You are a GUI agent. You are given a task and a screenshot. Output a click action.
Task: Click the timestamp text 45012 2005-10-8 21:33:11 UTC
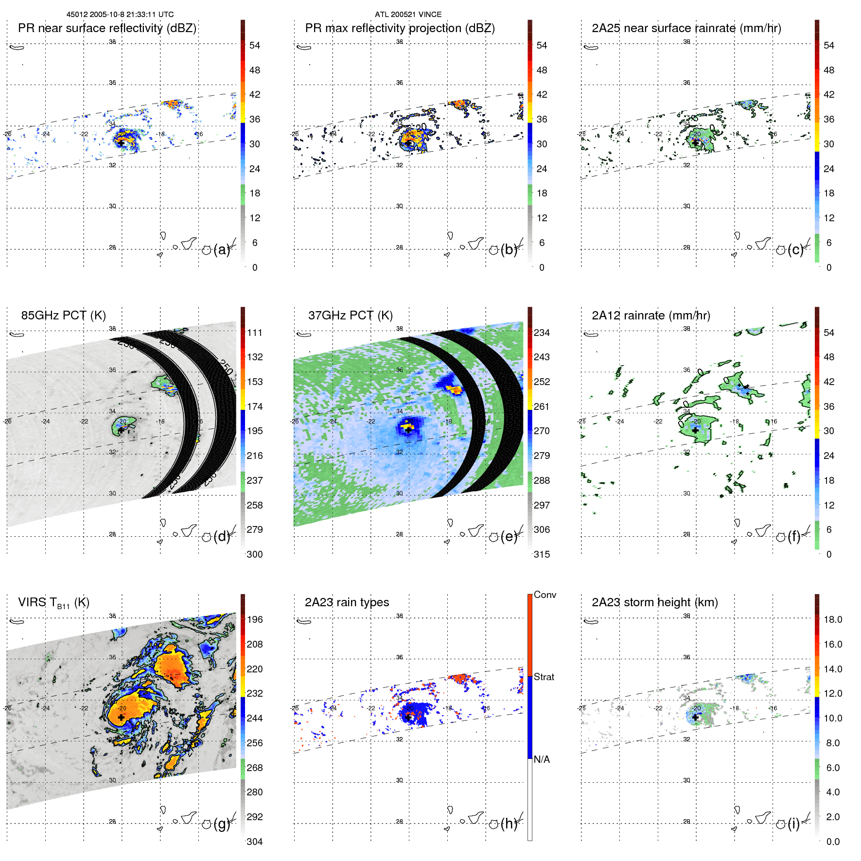[x=120, y=15]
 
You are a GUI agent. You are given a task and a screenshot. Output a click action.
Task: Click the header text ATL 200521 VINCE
[x=408, y=15]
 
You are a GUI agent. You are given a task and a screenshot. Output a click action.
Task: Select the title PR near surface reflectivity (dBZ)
[x=107, y=28]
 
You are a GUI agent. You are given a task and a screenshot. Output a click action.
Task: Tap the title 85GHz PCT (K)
[x=63, y=316]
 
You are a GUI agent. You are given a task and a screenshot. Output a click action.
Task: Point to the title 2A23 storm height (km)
[x=654, y=602]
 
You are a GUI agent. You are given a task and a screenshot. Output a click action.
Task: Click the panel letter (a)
[x=221, y=250]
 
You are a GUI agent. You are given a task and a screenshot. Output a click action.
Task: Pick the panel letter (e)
[x=509, y=537]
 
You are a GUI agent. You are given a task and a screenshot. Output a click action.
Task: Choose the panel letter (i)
[x=793, y=824]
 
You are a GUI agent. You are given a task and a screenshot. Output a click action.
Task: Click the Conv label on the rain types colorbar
[x=545, y=595]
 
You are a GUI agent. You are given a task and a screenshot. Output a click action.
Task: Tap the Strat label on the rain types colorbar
[x=544, y=677]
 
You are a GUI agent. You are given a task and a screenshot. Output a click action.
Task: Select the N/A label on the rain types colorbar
[x=542, y=759]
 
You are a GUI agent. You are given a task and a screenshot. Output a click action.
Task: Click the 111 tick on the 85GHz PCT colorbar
[x=255, y=333]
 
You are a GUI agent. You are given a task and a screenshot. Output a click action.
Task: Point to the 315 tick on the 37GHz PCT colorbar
[x=542, y=554]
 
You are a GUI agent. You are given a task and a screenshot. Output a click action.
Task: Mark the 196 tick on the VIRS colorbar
[x=255, y=620]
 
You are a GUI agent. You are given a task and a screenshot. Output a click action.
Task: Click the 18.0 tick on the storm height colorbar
[x=833, y=620]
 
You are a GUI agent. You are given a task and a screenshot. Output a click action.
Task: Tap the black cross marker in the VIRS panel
[x=121, y=717]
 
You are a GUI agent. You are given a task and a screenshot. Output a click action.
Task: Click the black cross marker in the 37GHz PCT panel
[x=408, y=430]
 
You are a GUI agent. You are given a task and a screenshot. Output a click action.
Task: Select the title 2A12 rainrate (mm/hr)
[x=650, y=316]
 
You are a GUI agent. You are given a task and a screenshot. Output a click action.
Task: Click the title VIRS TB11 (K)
[x=53, y=603]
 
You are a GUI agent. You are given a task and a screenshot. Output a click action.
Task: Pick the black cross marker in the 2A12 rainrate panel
[x=695, y=430]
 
